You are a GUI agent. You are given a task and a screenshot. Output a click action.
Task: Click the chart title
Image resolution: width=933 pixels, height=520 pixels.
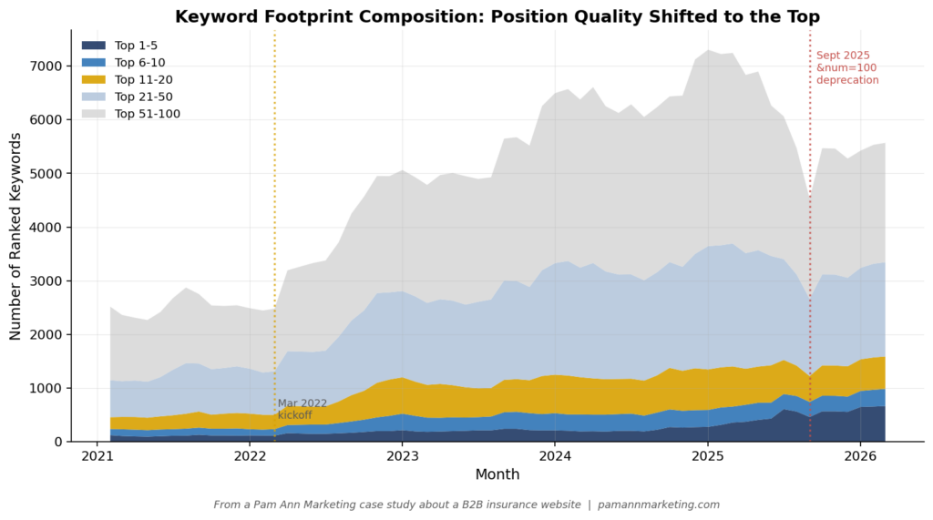pyautogui.click(x=497, y=16)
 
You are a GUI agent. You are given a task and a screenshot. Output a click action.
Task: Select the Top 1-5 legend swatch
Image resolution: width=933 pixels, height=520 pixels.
pyautogui.click(x=93, y=46)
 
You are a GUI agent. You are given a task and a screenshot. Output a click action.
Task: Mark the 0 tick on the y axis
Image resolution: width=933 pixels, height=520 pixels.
pyautogui.click(x=56, y=443)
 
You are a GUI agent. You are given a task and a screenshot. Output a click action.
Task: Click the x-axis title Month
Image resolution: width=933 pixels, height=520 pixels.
pyautogui.click(x=497, y=474)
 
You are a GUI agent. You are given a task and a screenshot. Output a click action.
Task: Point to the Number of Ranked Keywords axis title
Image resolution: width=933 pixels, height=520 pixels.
pyautogui.click(x=16, y=236)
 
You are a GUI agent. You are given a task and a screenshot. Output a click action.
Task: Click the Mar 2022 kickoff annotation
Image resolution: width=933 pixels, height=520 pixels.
pyautogui.click(x=302, y=409)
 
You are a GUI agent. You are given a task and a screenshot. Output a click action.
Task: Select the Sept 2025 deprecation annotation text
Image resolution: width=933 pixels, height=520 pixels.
pyautogui.click(x=847, y=68)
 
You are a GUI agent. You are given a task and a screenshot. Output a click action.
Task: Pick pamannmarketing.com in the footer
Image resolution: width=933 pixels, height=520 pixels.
pyautogui.click(x=659, y=505)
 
